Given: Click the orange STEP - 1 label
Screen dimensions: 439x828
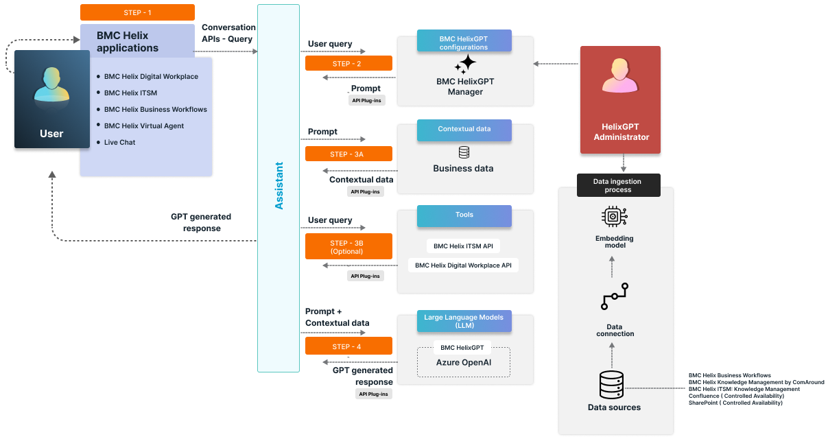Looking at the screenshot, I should (x=137, y=12).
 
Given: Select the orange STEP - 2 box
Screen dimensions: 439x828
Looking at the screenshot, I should (x=348, y=63).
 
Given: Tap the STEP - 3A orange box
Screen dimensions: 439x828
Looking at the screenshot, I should (x=348, y=154).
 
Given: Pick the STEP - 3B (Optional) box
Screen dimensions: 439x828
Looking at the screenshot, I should (x=348, y=246).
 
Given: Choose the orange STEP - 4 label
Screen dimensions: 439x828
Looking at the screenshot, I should (x=348, y=346).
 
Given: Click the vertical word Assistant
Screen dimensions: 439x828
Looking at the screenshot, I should (x=279, y=186).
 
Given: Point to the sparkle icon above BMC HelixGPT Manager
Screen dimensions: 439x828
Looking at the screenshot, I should (x=465, y=64).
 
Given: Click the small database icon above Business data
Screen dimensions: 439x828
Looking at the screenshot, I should (x=464, y=152).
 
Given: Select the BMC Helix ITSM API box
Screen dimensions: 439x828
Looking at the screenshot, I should (x=463, y=246).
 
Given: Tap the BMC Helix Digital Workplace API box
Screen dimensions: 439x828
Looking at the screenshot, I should (x=463, y=265).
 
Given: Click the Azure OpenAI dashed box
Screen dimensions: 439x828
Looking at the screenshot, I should (x=464, y=362).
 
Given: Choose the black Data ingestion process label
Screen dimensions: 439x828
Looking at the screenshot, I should (x=618, y=185).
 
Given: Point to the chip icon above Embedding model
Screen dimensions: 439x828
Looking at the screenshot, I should (x=615, y=217).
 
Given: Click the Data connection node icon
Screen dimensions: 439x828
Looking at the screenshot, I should (x=615, y=299).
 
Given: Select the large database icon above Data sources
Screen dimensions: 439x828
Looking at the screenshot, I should (x=611, y=385).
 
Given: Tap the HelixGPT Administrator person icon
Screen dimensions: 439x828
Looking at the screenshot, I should (x=620, y=75).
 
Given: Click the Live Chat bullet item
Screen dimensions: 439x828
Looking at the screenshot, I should (x=119, y=142).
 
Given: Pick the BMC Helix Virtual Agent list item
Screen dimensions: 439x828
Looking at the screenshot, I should (x=144, y=126).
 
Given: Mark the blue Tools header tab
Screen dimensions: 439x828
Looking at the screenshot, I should (x=464, y=215).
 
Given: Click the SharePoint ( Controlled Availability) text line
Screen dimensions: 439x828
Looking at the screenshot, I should (x=735, y=403).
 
